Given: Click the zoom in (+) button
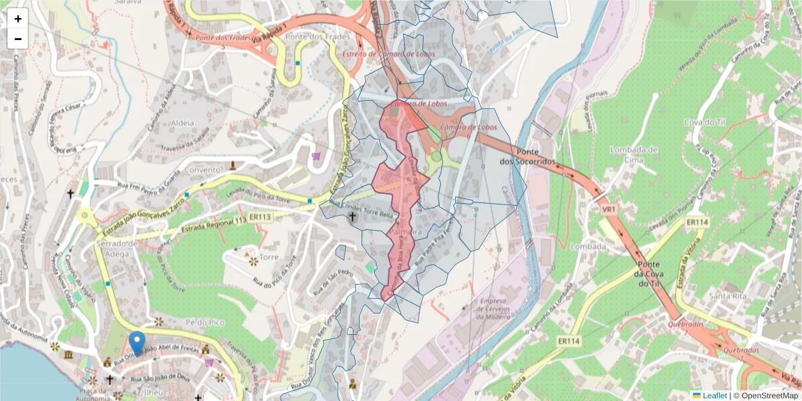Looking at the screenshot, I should tap(18, 19).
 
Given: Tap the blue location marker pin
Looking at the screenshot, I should tap(137, 343).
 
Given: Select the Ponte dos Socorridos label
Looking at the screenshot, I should tap(528, 158).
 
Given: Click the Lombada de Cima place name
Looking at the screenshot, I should tap(634, 154).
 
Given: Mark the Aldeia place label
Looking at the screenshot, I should tap(182, 123).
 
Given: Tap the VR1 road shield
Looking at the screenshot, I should tap(608, 209).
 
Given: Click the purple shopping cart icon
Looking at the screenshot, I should tap(315, 156).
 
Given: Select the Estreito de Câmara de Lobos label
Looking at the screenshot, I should tap(388, 53).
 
